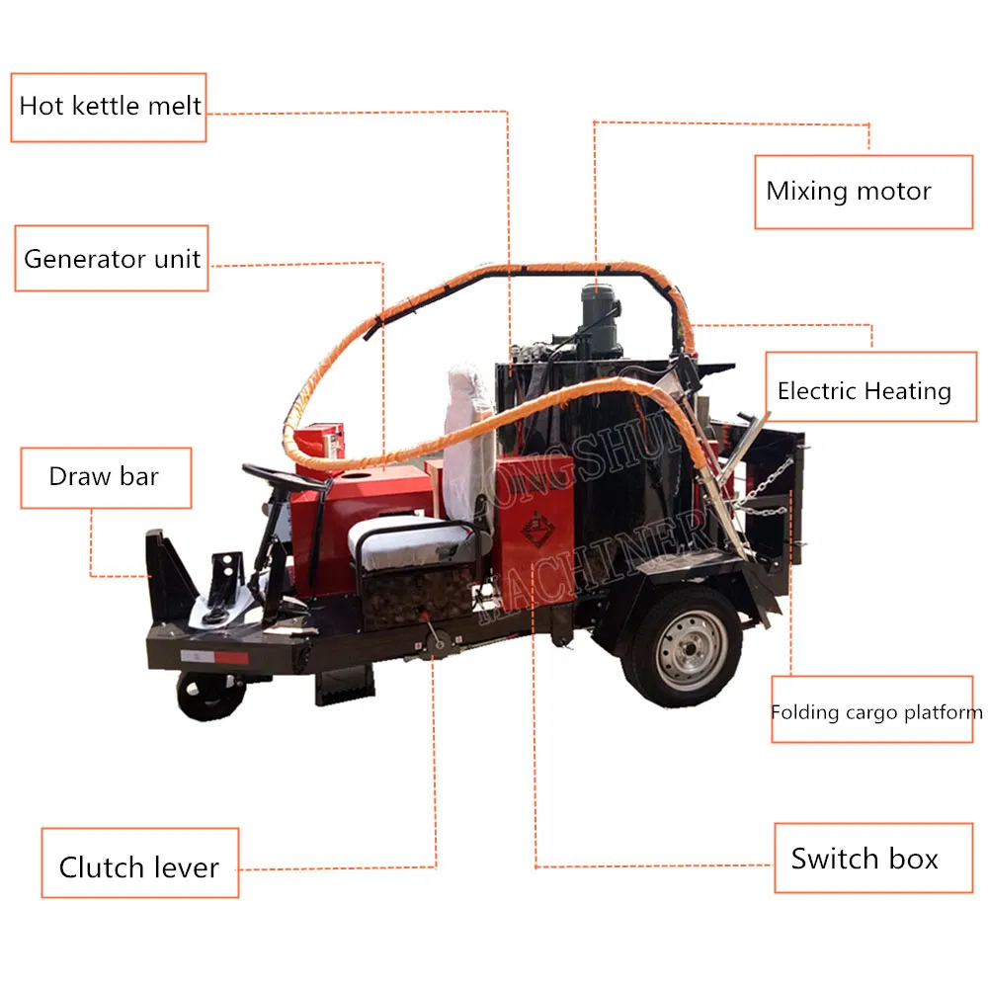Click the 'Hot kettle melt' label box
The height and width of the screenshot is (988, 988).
coord(110,107)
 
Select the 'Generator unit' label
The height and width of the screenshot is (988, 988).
coord(112,259)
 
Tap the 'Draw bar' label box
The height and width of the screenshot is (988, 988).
coord(105,477)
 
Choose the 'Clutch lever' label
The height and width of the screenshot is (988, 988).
coord(139,867)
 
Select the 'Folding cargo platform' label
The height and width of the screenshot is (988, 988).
coord(876,711)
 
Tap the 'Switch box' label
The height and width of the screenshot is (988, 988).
coord(864,859)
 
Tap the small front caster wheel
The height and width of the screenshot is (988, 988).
coord(209,694)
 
